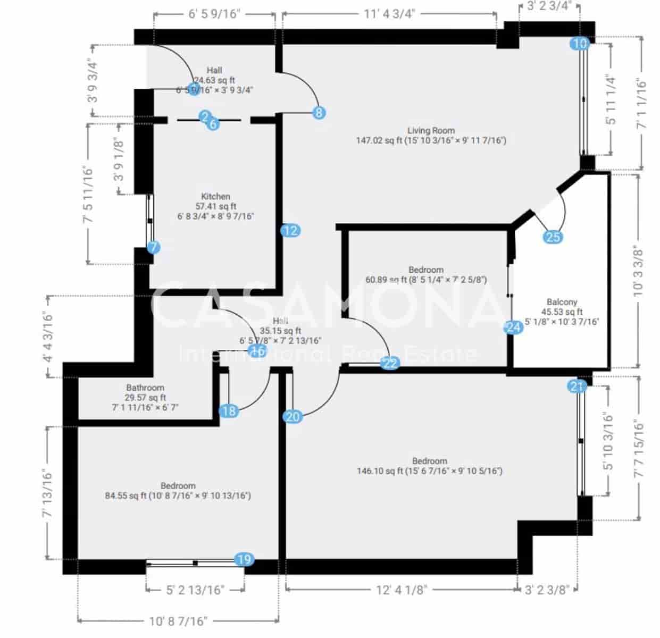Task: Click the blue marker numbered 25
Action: click(553, 237)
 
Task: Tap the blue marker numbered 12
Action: click(290, 230)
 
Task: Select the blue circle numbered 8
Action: click(319, 113)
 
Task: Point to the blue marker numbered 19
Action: click(244, 559)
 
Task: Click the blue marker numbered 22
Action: click(390, 363)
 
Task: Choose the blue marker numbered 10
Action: click(581, 44)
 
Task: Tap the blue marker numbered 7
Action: click(154, 247)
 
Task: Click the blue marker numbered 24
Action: click(513, 327)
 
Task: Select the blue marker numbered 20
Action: click(293, 417)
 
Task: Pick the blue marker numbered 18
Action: click(229, 411)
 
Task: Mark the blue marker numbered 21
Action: click(577, 386)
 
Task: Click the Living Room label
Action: click(431, 130)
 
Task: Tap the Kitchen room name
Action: click(215, 196)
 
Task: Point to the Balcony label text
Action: click(562, 302)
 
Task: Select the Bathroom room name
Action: click(145, 388)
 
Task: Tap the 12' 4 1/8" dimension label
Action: click(401, 590)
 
